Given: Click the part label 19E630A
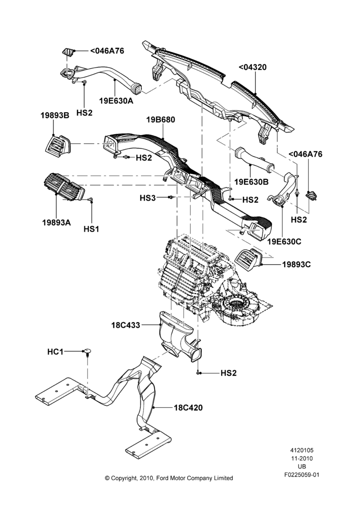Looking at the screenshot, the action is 116,101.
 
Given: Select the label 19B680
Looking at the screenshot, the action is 161,120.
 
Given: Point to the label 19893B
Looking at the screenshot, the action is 55,115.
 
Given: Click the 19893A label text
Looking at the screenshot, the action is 56,223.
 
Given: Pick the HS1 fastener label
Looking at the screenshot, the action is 92,229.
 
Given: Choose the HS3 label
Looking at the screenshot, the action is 147,198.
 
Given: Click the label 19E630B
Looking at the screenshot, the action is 251,182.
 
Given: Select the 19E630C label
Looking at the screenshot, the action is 284,242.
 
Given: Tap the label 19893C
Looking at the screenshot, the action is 296,265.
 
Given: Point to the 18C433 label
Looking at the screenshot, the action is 126,325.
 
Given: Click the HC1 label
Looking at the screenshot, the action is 55,352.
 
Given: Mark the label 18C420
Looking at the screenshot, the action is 188,407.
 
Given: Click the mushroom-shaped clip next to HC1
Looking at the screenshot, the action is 87,352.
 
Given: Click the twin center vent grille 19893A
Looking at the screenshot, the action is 64,187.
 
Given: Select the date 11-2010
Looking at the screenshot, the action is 302,458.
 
